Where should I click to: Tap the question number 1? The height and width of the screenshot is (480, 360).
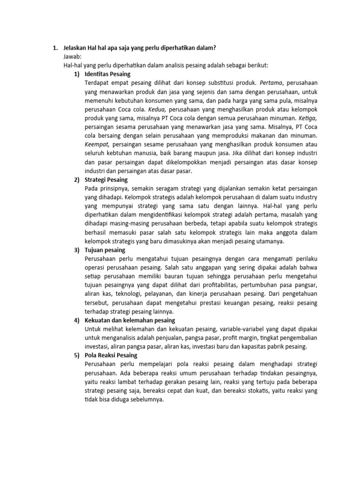coord(54,48)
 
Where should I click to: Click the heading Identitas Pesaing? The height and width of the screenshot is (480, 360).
coord(107,74)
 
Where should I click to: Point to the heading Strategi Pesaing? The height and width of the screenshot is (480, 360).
coord(106,180)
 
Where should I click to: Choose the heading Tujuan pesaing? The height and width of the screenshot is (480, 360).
coord(105,250)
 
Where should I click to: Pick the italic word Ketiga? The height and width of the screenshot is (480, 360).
coord(307,118)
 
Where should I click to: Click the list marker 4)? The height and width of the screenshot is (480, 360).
coord(76,320)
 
